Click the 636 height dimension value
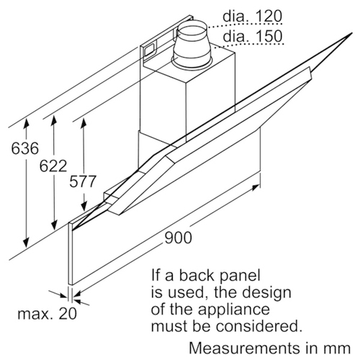(x=25, y=148)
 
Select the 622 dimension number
(x=53, y=166)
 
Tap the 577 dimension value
(x=83, y=181)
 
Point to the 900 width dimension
(x=179, y=238)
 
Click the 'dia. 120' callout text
(x=252, y=17)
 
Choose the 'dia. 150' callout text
(x=253, y=36)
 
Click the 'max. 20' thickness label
(x=48, y=313)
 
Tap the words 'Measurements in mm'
(x=270, y=348)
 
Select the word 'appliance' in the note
(x=233, y=309)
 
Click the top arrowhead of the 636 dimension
(x=26, y=123)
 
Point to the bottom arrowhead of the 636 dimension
(x=26, y=242)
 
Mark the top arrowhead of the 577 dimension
(x=84, y=123)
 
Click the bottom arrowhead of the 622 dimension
(x=55, y=225)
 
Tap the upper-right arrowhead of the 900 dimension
(x=255, y=187)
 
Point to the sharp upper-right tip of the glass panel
(x=351, y=33)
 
